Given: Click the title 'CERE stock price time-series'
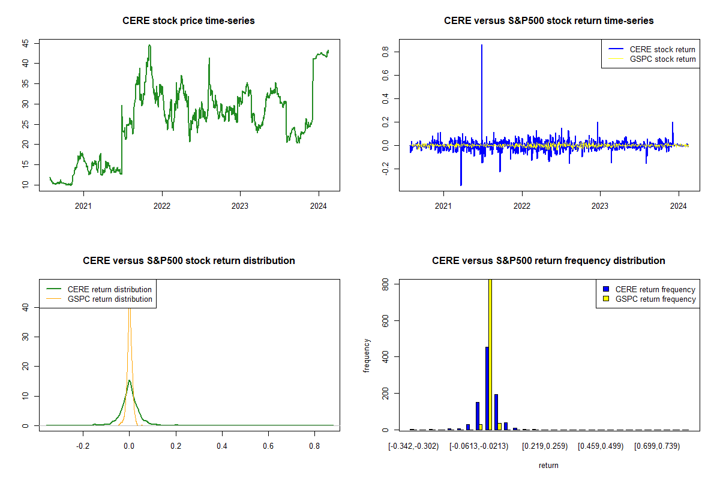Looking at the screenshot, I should [x=188, y=21].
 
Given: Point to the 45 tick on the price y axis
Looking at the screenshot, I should [x=26, y=43].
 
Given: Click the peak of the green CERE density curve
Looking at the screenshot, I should [x=129, y=380].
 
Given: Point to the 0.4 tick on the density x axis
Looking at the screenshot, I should [x=222, y=446].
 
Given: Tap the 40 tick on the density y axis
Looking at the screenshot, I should [x=26, y=307].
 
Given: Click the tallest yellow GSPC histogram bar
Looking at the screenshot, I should [x=490, y=354].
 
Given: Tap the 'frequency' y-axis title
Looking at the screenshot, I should [x=367, y=356].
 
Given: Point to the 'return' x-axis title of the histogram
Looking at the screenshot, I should [x=548, y=465].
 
